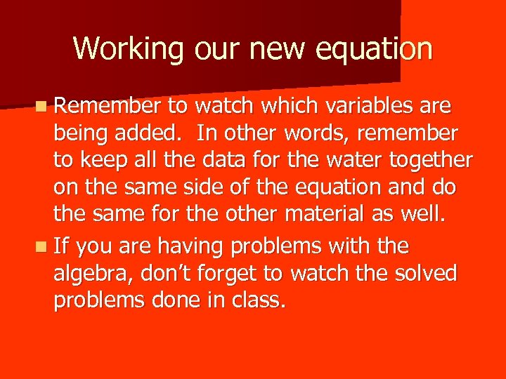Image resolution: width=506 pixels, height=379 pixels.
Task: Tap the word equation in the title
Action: click(x=375, y=49)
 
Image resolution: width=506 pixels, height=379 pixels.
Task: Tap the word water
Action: click(x=330, y=159)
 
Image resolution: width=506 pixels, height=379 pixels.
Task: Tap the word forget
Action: click(x=238, y=274)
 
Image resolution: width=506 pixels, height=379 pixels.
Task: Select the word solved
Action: click(x=424, y=272)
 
